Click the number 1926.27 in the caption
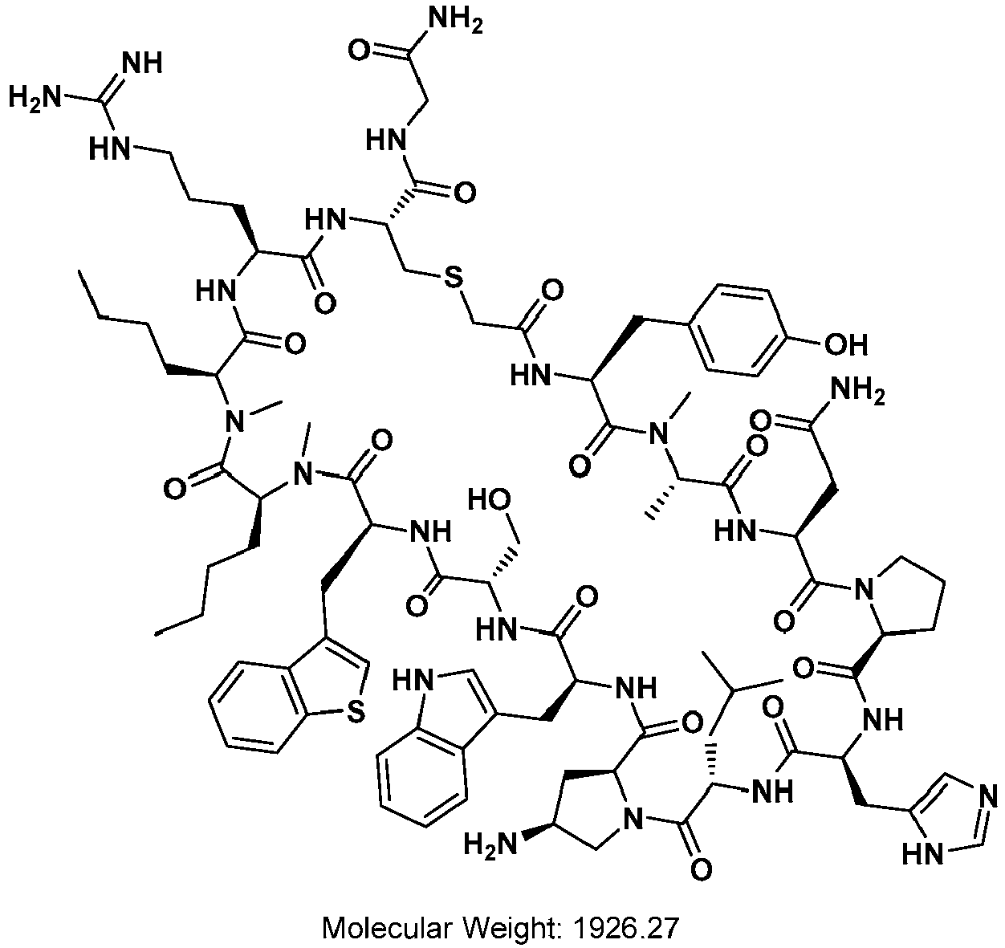click(x=625, y=928)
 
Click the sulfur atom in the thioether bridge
click(x=453, y=277)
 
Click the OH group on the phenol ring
click(x=846, y=345)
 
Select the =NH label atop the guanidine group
click(x=143, y=63)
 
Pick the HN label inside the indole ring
click(x=413, y=681)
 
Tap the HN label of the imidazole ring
click(x=924, y=855)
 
